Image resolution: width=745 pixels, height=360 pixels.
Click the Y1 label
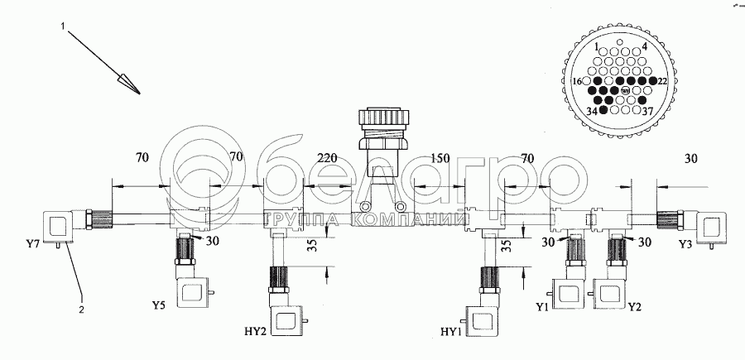coord(543,308)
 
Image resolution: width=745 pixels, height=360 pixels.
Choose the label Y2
coord(636,308)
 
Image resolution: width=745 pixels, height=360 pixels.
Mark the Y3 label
coord(685,245)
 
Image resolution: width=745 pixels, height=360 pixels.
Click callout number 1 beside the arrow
coord(63,26)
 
